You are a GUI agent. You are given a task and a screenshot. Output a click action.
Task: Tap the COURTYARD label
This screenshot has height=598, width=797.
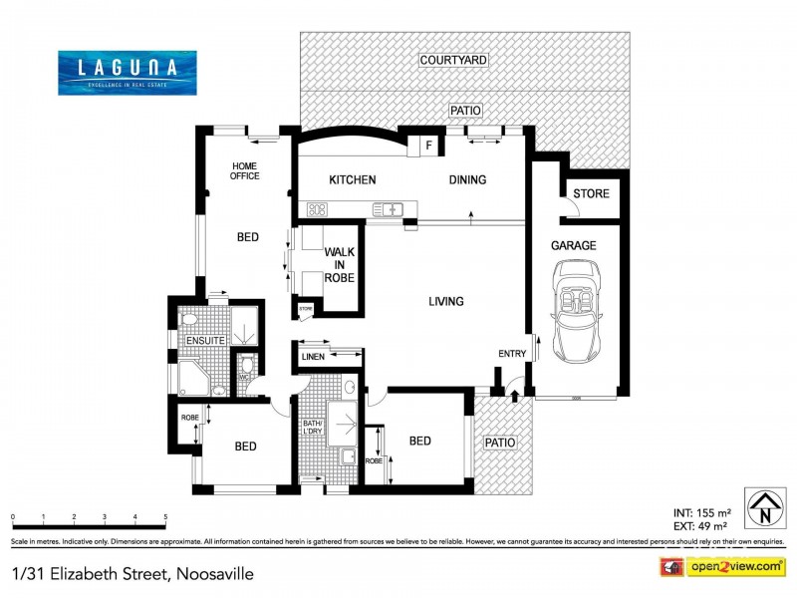[453, 61]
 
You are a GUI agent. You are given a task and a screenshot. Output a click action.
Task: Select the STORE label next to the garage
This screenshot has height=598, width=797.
[591, 193]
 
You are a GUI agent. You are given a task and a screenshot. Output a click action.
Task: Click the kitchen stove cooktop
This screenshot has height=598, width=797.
[318, 209]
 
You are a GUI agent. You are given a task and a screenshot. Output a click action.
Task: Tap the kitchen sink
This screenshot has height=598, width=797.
[388, 209]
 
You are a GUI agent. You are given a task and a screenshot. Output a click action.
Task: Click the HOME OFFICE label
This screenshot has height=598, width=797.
[245, 170]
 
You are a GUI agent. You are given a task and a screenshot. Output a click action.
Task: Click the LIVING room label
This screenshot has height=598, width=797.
[446, 301]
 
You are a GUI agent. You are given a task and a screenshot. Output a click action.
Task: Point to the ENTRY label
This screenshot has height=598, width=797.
[511, 355]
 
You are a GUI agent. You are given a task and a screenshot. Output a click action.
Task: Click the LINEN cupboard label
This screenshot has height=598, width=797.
[312, 355]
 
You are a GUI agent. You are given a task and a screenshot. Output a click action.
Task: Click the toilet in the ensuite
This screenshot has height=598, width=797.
[188, 320]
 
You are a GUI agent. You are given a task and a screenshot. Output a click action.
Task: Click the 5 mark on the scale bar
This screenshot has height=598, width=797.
[165, 517]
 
